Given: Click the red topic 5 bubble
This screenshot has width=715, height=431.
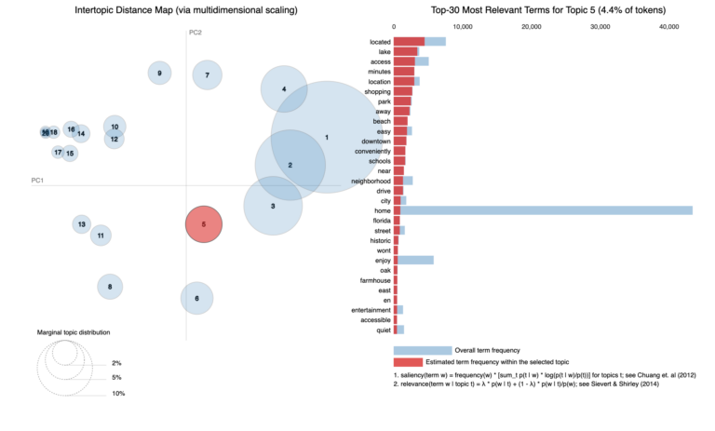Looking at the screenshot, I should click(203, 224).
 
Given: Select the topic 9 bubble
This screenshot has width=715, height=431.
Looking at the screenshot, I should click(160, 73).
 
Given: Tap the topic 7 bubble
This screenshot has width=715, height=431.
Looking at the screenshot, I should click(207, 74).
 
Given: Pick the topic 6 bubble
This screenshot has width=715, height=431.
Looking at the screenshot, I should click(196, 298).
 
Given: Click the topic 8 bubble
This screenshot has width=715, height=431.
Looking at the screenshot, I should click(110, 287).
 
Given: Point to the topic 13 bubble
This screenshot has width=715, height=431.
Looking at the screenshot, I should click(82, 224).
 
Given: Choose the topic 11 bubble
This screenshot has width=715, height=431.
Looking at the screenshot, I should click(101, 236).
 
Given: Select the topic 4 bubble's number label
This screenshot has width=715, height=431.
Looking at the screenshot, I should click(284, 89).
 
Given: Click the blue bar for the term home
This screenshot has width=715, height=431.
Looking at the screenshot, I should click(559, 210).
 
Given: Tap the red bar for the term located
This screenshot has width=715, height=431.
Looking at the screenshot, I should click(409, 41).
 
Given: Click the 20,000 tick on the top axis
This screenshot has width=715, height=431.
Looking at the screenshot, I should click(531, 27).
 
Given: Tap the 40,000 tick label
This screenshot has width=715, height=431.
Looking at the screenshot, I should click(668, 27).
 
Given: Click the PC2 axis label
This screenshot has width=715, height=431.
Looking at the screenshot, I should click(196, 33).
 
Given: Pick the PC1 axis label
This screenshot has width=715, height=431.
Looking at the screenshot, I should click(38, 180).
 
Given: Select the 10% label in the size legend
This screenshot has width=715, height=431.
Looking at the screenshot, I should click(117, 394).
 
